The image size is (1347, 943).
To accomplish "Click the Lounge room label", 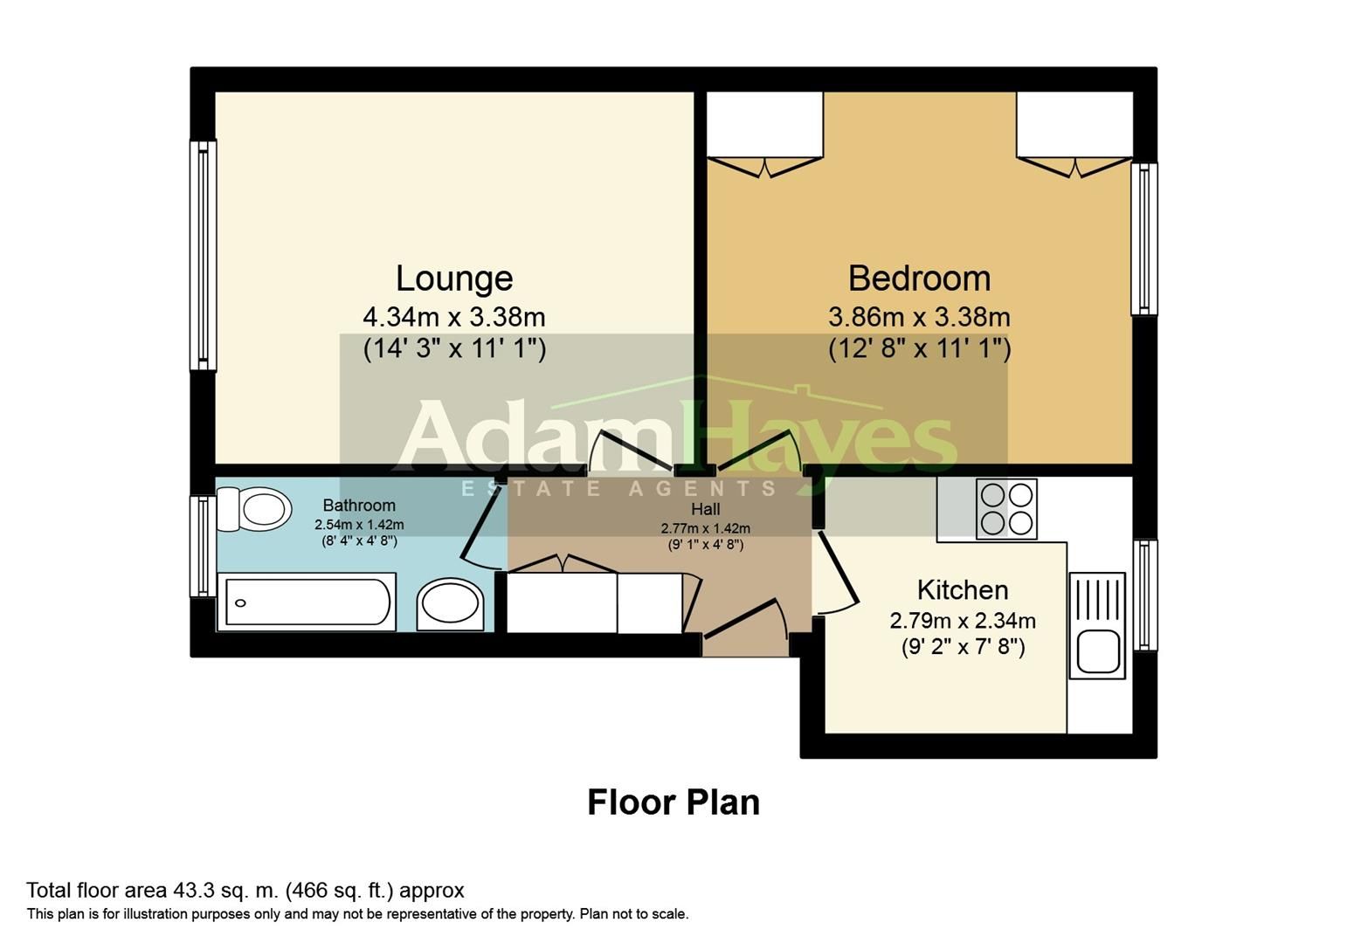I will pyautogui.click(x=454, y=279).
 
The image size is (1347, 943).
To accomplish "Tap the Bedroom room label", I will pyautogui.click(x=919, y=279).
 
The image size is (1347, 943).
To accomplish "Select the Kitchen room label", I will pyautogui.click(x=963, y=589).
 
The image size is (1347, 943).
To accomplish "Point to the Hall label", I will pyautogui.click(x=705, y=509).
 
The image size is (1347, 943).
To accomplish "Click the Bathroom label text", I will pyautogui.click(x=359, y=505).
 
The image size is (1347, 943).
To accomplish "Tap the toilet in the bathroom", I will pyautogui.click(x=256, y=509).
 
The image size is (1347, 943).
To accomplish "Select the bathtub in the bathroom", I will pyautogui.click(x=307, y=602).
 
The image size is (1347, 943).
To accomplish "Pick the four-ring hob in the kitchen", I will pyautogui.click(x=1006, y=509).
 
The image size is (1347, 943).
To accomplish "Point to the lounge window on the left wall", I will pyautogui.click(x=203, y=255).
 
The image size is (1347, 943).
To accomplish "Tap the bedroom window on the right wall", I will pyautogui.click(x=1143, y=238).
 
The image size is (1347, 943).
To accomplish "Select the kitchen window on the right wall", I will pyautogui.click(x=1144, y=595).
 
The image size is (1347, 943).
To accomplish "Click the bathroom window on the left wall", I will pyautogui.click(x=203, y=547).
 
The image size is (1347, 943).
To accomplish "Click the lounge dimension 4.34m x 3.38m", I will pyautogui.click(x=454, y=316).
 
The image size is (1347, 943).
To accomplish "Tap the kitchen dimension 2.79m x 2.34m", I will pyautogui.click(x=963, y=621).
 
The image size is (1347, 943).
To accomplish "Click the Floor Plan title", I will pyautogui.click(x=673, y=802).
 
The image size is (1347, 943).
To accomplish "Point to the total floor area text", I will pyautogui.click(x=245, y=891).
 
